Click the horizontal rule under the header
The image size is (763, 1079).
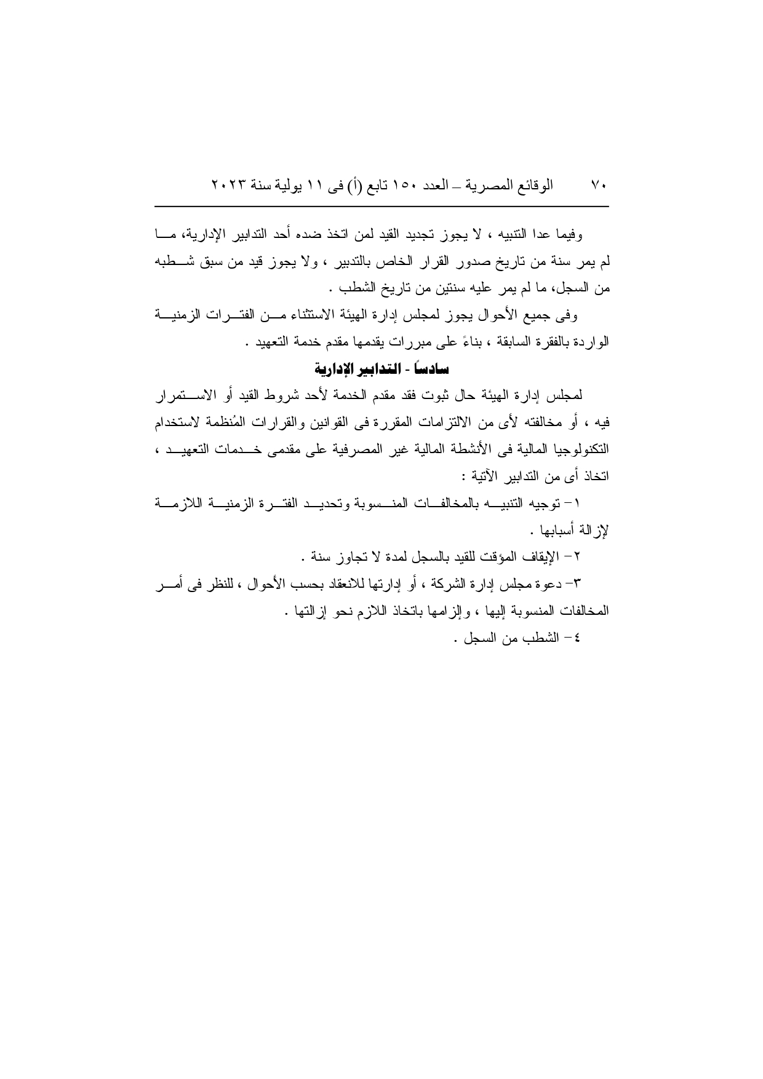tap(381, 207)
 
